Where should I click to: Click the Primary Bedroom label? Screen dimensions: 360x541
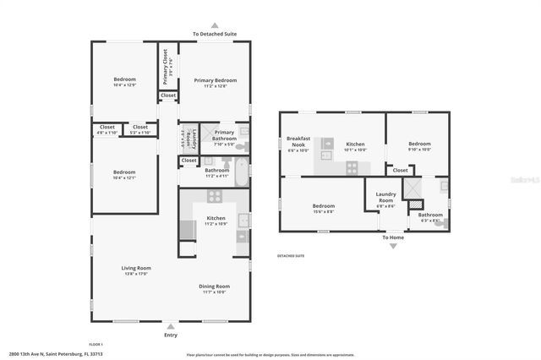point(215,80)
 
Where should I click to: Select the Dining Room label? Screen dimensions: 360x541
point(214,286)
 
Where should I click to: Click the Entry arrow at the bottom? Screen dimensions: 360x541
point(171,325)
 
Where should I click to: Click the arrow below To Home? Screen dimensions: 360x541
point(393,245)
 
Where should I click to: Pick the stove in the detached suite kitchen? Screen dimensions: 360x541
point(351,169)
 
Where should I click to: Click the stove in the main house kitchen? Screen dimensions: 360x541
point(215,196)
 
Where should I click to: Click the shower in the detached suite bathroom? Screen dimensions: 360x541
point(414,188)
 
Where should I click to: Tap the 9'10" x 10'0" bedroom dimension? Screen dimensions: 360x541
point(419,150)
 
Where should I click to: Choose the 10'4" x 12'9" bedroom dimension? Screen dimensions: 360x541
point(124,85)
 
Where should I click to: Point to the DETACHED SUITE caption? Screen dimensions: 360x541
point(291,255)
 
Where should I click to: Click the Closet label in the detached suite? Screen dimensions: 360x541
point(401,170)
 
